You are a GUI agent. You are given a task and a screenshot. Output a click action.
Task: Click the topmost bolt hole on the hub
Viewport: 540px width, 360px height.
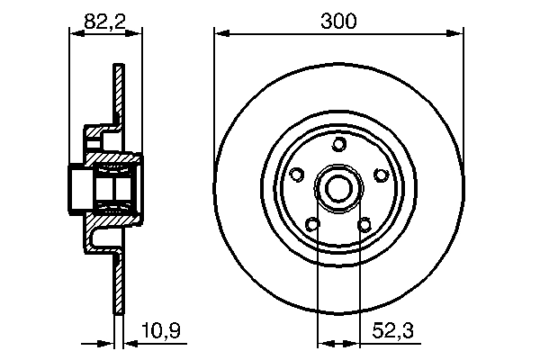click(338, 145)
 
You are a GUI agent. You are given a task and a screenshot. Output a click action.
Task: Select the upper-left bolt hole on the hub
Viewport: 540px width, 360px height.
click(298, 175)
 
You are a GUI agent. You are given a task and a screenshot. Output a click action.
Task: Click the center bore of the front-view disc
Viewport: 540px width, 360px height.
click(338, 188)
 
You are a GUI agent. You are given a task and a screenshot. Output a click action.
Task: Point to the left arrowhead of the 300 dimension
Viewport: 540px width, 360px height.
click(220, 33)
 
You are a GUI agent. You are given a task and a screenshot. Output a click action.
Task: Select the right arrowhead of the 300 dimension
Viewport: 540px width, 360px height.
click(457, 33)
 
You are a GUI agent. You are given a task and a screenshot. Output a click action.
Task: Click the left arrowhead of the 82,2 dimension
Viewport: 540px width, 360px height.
click(76, 33)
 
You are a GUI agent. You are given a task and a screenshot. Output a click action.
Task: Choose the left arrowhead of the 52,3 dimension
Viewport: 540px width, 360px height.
click(324, 342)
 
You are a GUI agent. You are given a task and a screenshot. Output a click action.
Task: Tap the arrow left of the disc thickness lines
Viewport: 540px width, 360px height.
click(108, 342)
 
